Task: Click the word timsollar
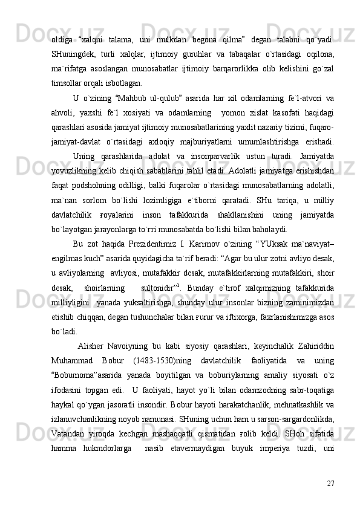[68, 83]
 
